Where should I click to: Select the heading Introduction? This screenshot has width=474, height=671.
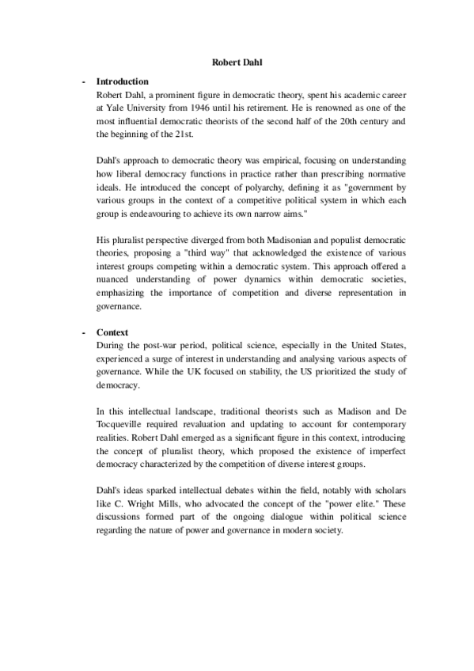click(x=122, y=82)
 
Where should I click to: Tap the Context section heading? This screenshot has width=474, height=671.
click(x=112, y=333)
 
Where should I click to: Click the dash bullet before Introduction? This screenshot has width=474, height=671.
click(x=83, y=82)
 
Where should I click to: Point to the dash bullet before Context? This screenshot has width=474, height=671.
click(x=83, y=333)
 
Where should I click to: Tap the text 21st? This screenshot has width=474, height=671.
click(x=191, y=132)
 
